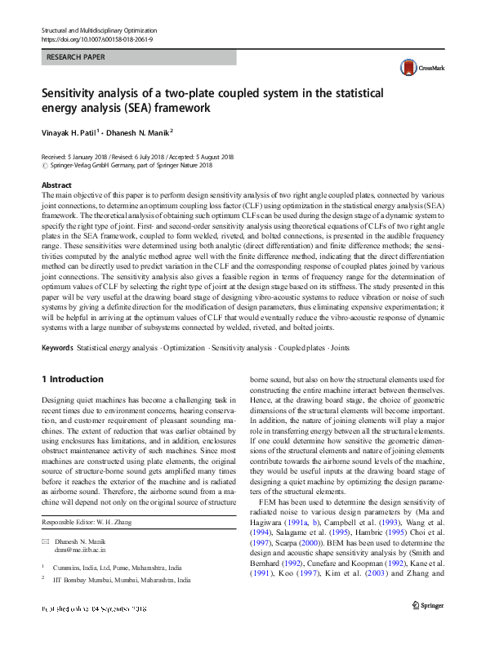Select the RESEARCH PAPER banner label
coord(76,58)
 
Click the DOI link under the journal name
coord(97,38)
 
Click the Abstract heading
coord(56,185)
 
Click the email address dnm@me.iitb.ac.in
coord(81,550)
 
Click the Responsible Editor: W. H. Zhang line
coord(91,521)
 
